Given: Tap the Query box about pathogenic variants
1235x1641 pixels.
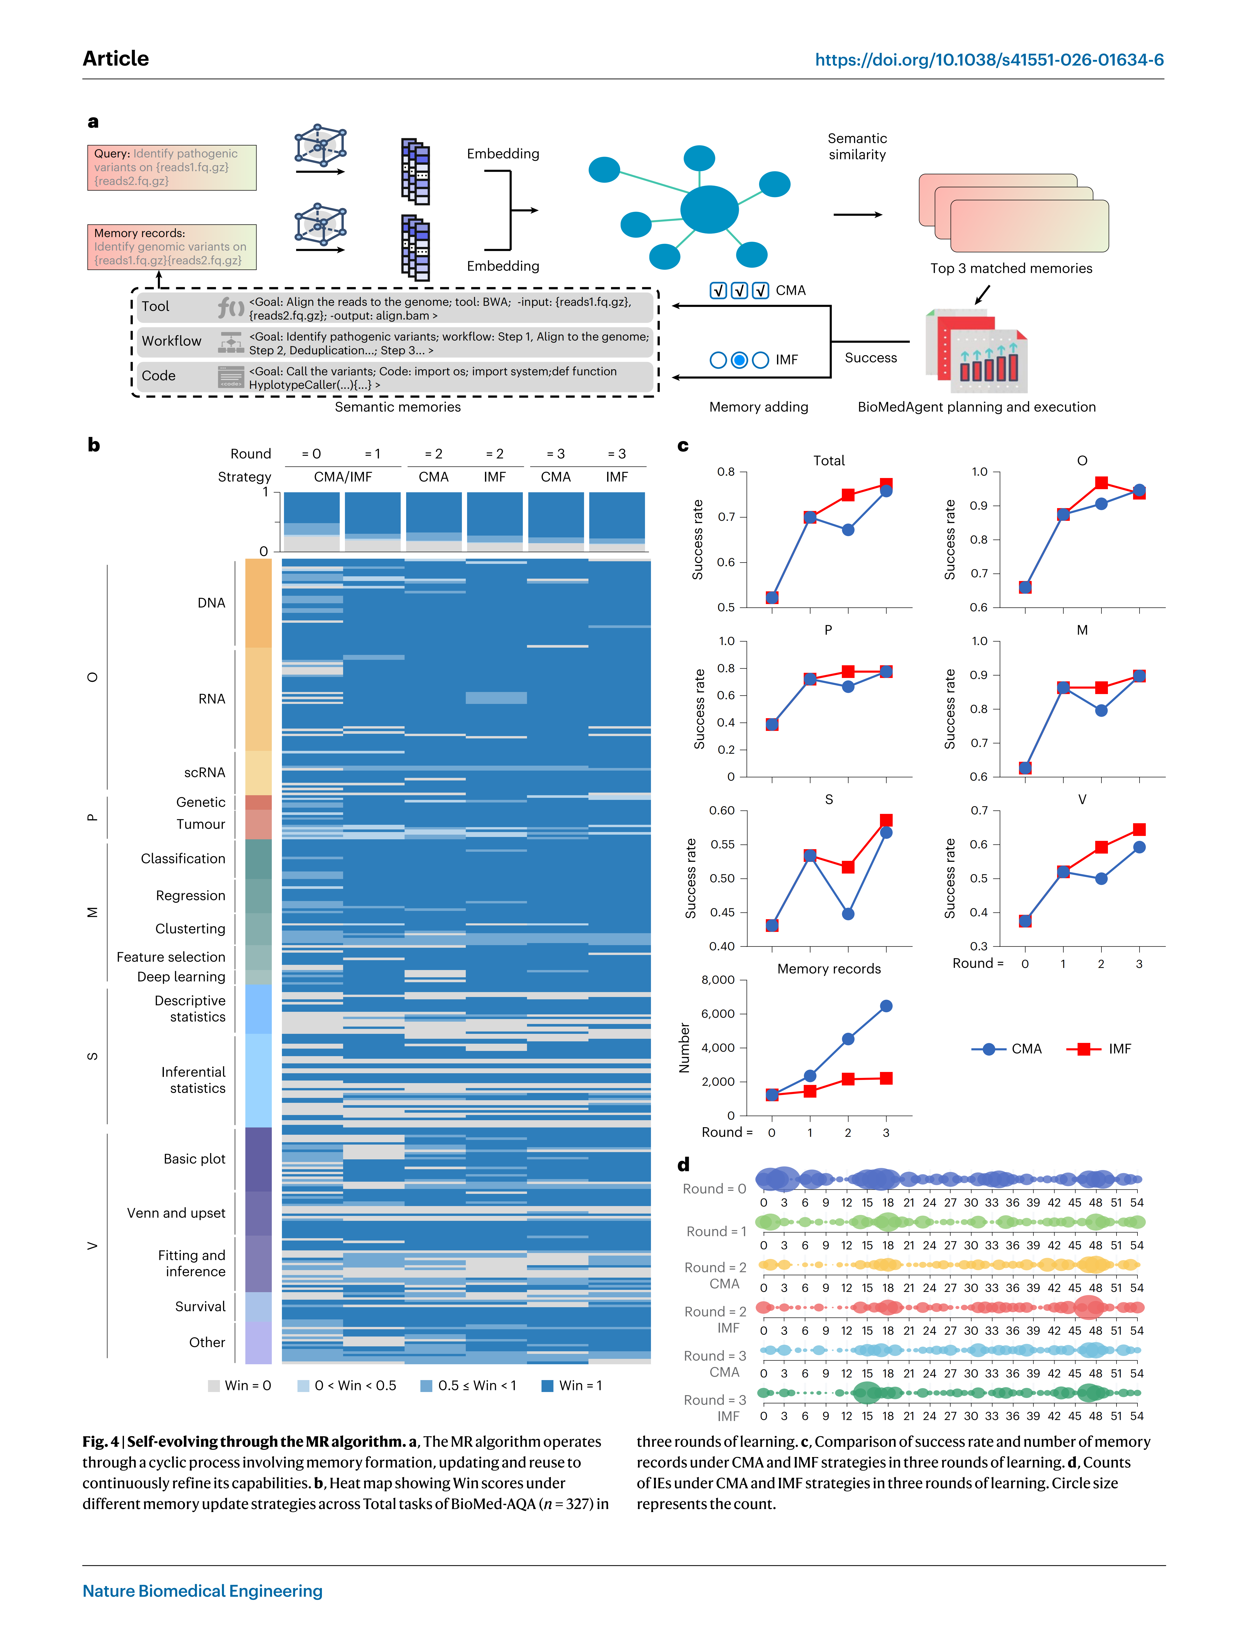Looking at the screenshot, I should (171, 168).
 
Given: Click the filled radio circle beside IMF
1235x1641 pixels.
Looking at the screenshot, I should (739, 360).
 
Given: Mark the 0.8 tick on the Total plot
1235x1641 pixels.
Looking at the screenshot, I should (726, 472).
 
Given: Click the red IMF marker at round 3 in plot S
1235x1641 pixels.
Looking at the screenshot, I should (886, 821).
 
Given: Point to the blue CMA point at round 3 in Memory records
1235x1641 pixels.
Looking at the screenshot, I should (886, 1006).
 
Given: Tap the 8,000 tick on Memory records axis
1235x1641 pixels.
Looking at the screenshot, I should (718, 980).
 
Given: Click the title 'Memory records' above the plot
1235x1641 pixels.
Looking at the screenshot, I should (829, 969).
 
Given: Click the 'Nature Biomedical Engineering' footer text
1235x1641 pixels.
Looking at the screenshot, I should (203, 1591).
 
